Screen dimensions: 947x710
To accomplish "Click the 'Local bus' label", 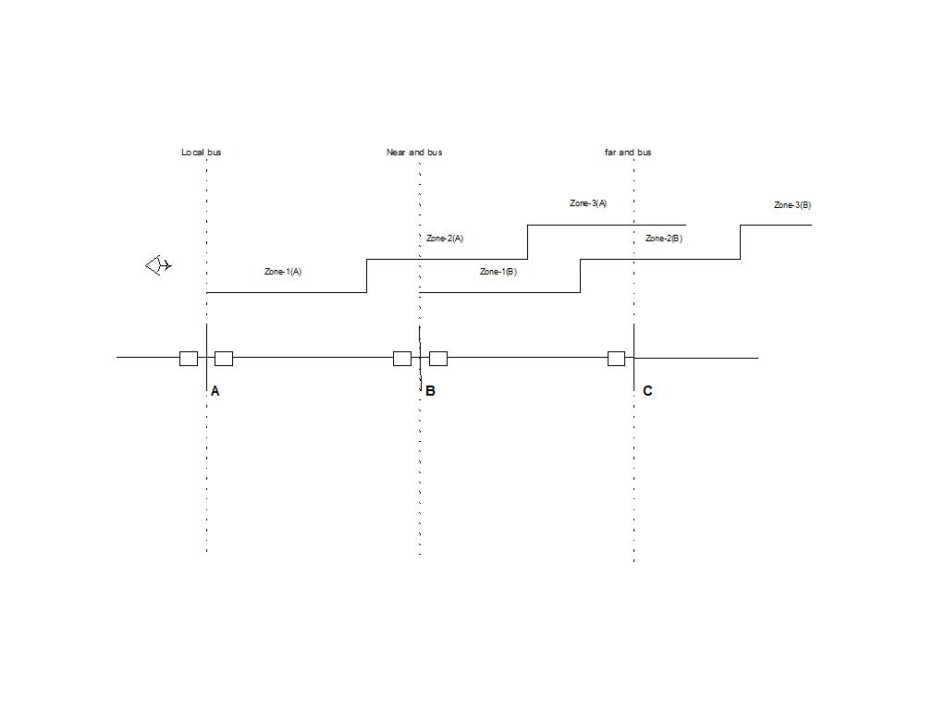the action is click(201, 152).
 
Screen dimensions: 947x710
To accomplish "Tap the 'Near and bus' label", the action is click(413, 152).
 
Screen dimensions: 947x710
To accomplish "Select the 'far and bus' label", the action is click(628, 152).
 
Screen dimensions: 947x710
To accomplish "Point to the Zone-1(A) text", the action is click(283, 272).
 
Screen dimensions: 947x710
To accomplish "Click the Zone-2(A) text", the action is click(444, 239).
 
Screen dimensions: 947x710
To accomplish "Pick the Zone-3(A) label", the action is click(587, 203).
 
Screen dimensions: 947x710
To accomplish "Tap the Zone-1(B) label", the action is click(498, 272).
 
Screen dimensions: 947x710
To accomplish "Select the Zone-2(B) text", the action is click(663, 239).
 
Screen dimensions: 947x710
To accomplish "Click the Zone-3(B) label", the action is click(792, 204).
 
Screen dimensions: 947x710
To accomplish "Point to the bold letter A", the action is click(215, 391).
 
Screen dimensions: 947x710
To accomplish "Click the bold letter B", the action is click(430, 391).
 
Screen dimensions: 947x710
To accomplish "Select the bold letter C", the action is click(647, 391).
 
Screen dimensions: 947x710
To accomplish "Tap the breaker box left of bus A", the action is click(189, 359).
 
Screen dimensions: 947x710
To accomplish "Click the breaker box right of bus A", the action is click(224, 359).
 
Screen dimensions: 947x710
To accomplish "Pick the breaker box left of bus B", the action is click(402, 359).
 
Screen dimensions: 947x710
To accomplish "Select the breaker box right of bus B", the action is click(438, 359).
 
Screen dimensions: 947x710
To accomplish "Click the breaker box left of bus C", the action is click(616, 359).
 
